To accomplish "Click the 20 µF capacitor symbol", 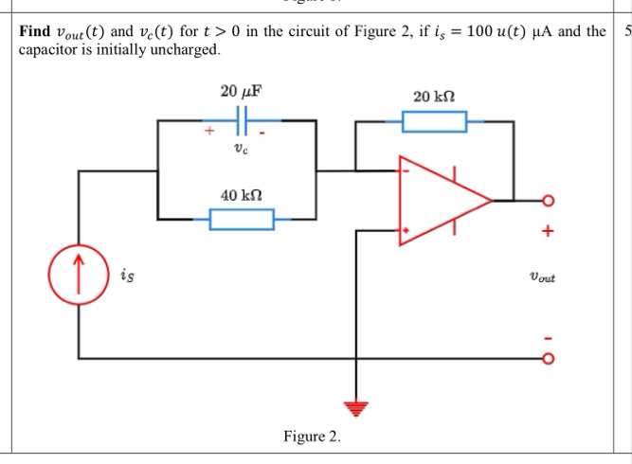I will (x=242, y=121).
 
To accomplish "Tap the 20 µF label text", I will (x=241, y=92).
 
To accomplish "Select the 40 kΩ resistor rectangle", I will (x=242, y=220).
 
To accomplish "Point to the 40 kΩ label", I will (x=241, y=194).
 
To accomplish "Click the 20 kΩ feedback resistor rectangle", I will (x=434, y=121).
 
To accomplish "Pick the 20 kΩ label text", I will (x=435, y=97).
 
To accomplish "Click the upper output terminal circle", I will (x=547, y=201).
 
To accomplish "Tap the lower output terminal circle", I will (x=547, y=359).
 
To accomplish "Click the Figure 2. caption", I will (x=312, y=437).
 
